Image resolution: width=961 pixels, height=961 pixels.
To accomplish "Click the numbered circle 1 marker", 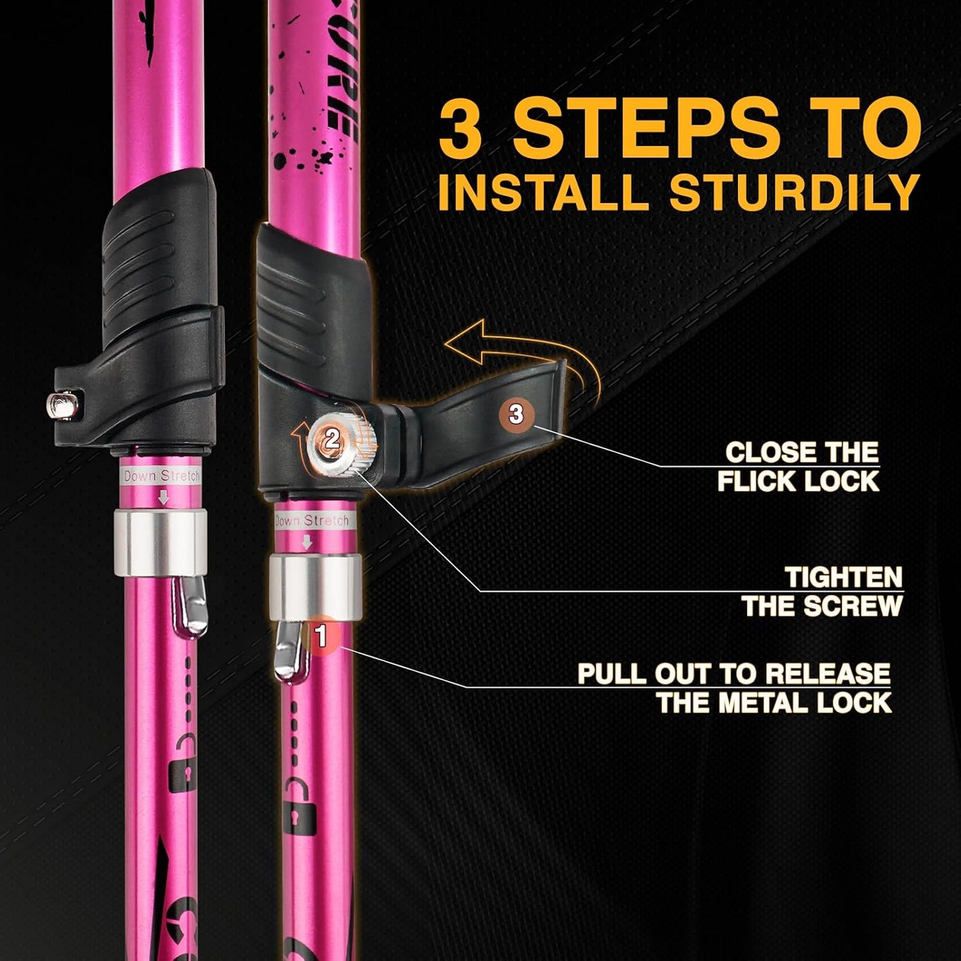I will [x=322, y=636].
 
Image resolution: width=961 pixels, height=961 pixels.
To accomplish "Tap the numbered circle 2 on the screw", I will [x=332, y=438].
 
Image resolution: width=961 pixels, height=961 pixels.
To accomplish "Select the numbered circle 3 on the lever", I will [x=516, y=414].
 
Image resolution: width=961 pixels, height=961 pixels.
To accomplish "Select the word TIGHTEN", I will [x=843, y=577].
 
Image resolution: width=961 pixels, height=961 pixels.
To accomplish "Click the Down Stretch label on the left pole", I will [x=162, y=476].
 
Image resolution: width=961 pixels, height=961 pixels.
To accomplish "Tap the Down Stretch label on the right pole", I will [x=311, y=521].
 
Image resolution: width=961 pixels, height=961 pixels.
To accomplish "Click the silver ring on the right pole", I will [x=315, y=586].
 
